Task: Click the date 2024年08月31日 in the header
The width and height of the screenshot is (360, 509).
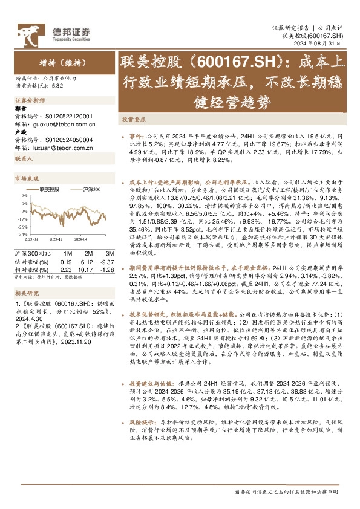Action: tap(321, 43)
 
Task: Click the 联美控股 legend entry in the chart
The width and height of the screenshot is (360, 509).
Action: tap(50, 189)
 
